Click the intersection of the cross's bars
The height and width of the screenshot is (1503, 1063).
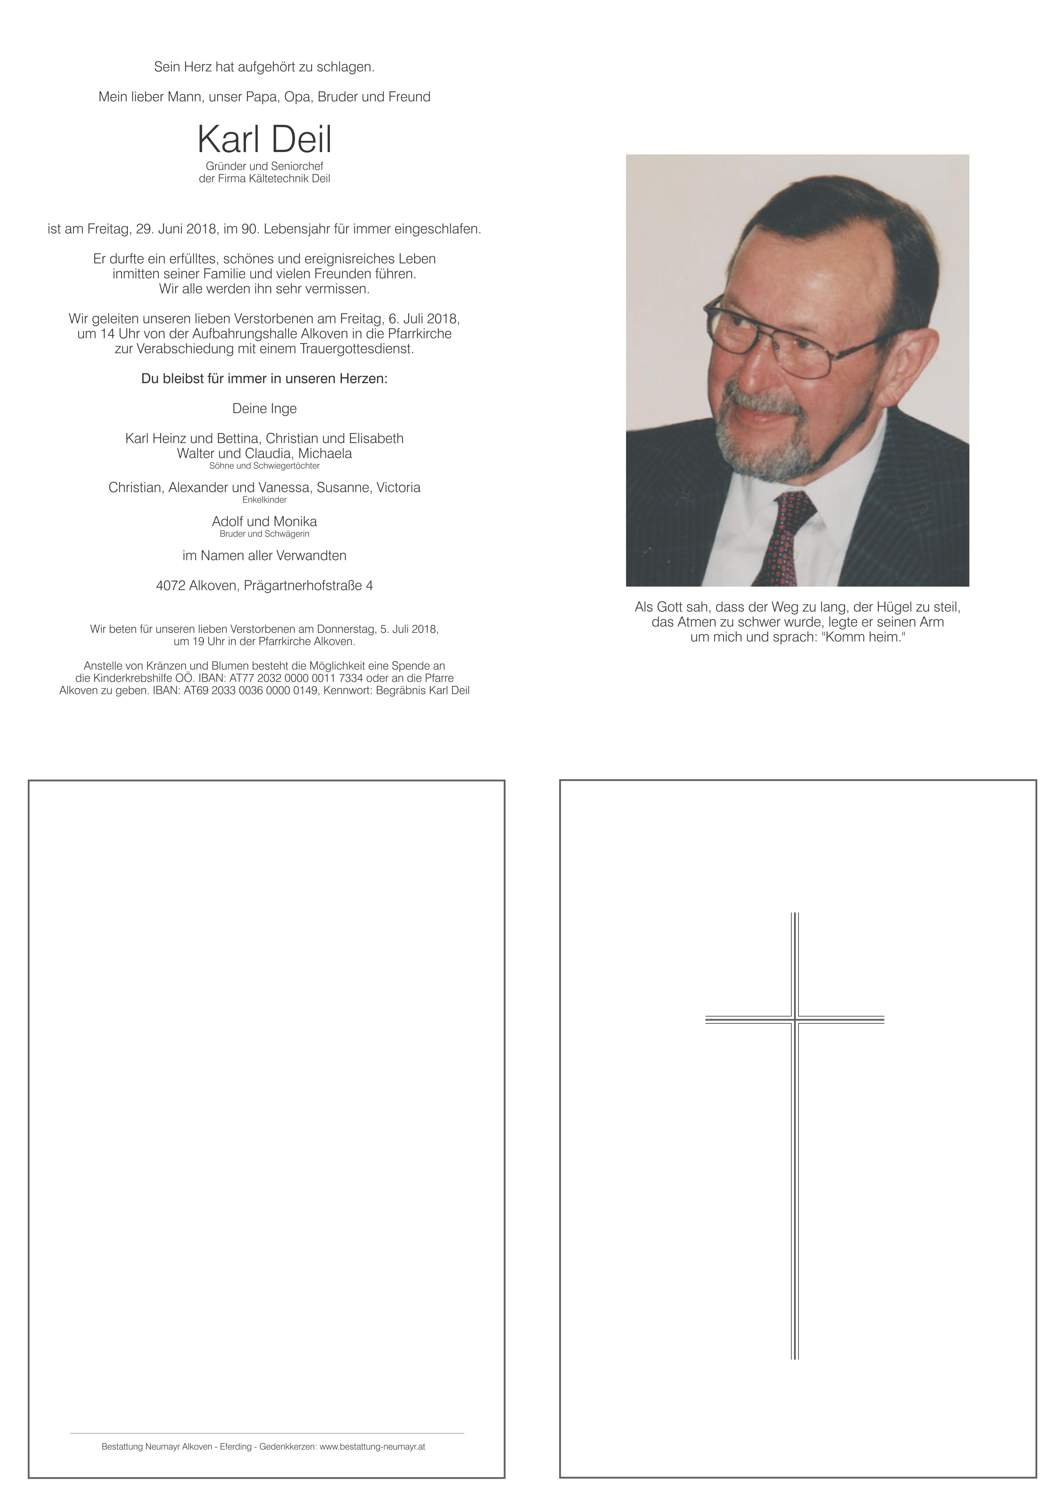795,1019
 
